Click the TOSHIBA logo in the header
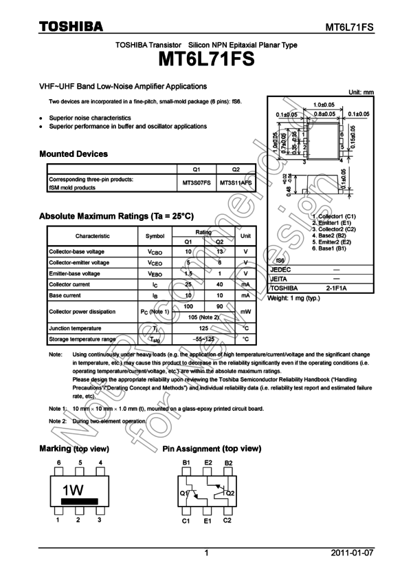pyautogui.click(x=71, y=26)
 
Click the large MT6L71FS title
pyautogui.click(x=206, y=60)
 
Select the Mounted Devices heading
pyautogui.click(x=74, y=154)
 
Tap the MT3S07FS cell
pyautogui.click(x=197, y=183)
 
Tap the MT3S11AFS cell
pyautogui.click(x=236, y=183)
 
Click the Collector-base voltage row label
pyautogui.click(x=77, y=252)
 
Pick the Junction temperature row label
pyautogui.click(x=75, y=328)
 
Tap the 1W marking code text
pyautogui.click(x=73, y=491)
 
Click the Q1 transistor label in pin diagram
pyautogui.click(x=184, y=493)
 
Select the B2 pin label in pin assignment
pyautogui.click(x=228, y=462)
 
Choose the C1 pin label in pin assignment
pyautogui.click(x=186, y=521)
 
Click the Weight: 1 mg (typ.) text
pyautogui.click(x=293, y=298)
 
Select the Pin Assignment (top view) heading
pyautogui.click(x=212, y=449)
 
